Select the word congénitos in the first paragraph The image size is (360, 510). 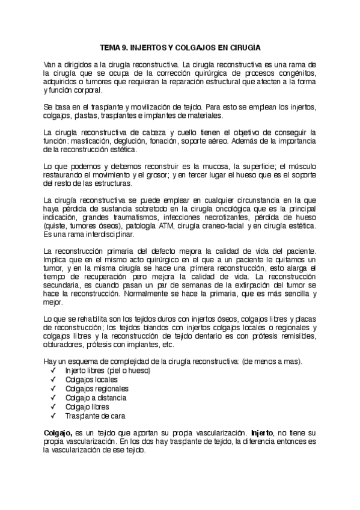tap(294, 73)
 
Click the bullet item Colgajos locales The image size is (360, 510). tap(91, 380)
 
